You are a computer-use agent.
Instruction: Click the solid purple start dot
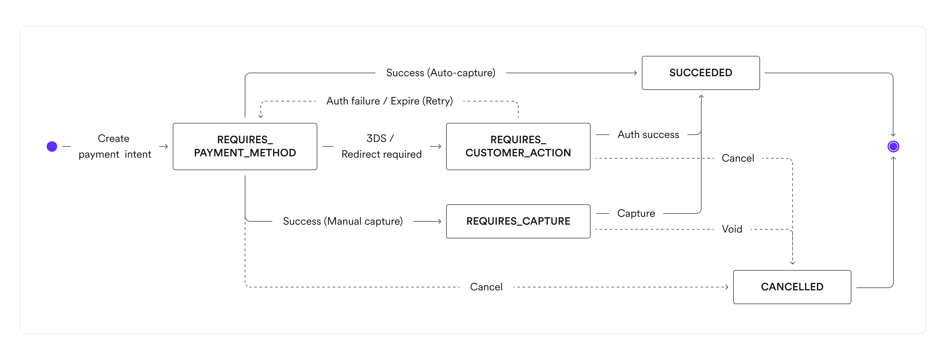coord(52,146)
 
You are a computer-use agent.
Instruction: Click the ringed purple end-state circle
coord(893,146)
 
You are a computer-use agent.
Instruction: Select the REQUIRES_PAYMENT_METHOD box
coord(245,146)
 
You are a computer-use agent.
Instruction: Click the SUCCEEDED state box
coord(700,73)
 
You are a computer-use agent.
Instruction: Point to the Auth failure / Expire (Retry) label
coord(389,101)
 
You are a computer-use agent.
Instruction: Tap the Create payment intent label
coord(114,146)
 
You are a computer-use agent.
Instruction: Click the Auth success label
coord(648,135)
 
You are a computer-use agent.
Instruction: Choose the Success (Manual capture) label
coord(343,221)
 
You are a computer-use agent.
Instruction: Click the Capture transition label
coord(636,214)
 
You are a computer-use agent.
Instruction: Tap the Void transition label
coord(732,229)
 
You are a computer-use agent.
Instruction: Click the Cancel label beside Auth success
coord(737,158)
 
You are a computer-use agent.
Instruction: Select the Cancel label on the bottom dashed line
coord(486,287)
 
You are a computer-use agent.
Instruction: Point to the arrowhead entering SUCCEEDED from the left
coord(635,73)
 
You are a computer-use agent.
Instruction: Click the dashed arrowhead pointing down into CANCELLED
coord(793,263)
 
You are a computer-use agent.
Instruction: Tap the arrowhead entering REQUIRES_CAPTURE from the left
coord(439,221)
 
